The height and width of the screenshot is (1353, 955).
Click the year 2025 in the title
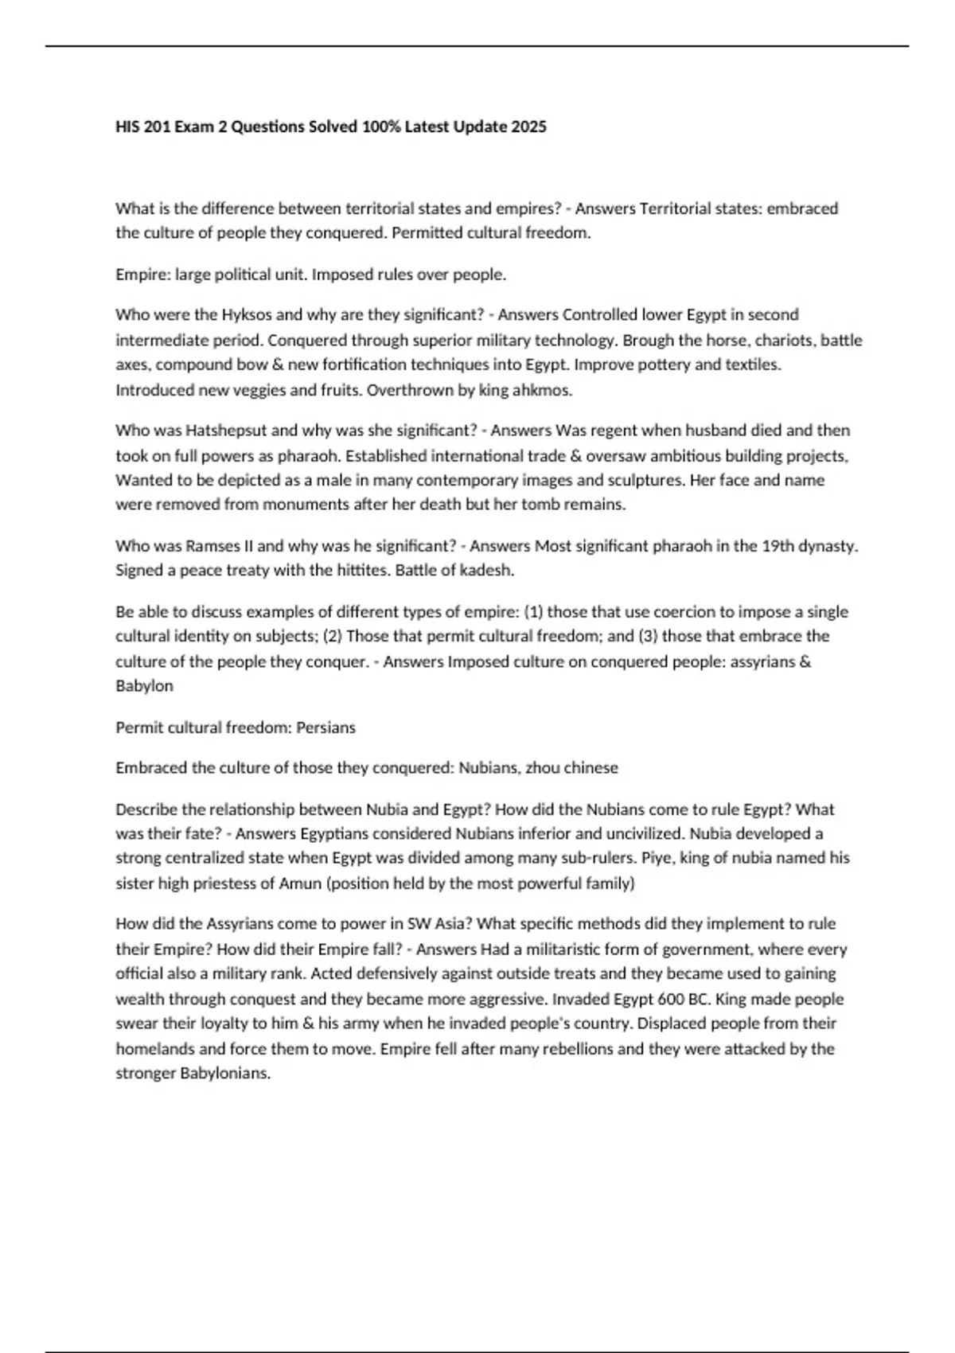click(530, 127)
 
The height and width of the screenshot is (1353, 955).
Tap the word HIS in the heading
click(128, 127)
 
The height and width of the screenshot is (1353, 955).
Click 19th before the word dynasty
click(778, 546)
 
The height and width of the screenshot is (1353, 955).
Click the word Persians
click(325, 727)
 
